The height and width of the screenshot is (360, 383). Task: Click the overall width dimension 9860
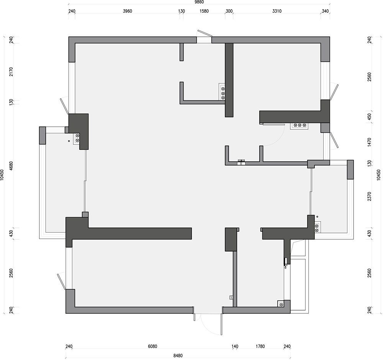tap(199, 2)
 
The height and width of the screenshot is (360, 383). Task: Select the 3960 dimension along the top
tap(128, 11)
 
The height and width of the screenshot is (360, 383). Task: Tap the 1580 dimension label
tap(204, 11)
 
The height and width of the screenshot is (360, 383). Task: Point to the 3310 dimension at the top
tap(277, 11)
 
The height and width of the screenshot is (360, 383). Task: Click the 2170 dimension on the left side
tap(11, 72)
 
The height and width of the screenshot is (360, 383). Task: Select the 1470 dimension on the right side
tap(369, 142)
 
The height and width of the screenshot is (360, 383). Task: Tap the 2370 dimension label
tap(369, 196)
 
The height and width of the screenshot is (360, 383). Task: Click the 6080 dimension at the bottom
tap(152, 346)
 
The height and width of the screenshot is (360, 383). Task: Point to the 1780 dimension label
tap(260, 346)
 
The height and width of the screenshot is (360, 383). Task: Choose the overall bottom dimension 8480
tap(178, 356)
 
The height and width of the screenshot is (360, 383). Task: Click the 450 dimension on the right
tap(369, 116)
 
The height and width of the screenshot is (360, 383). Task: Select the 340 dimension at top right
tap(325, 11)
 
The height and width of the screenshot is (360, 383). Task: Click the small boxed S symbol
tap(231, 298)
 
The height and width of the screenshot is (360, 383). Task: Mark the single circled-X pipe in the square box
tap(281, 304)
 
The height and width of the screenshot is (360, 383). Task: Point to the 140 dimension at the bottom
tap(235, 346)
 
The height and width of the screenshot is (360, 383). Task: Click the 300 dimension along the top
tap(229, 11)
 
